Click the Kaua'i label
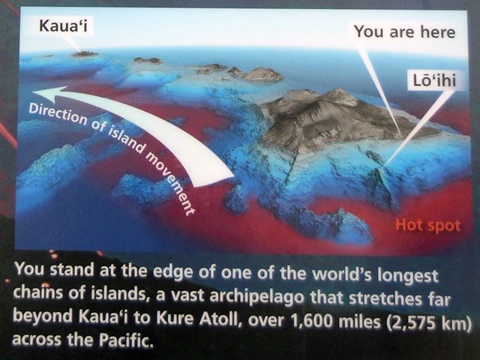click(63, 25)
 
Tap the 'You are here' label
click(405, 31)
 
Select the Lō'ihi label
click(434, 80)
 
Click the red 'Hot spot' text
click(427, 226)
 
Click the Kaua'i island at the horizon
click(85, 54)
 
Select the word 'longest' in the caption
click(408, 276)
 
